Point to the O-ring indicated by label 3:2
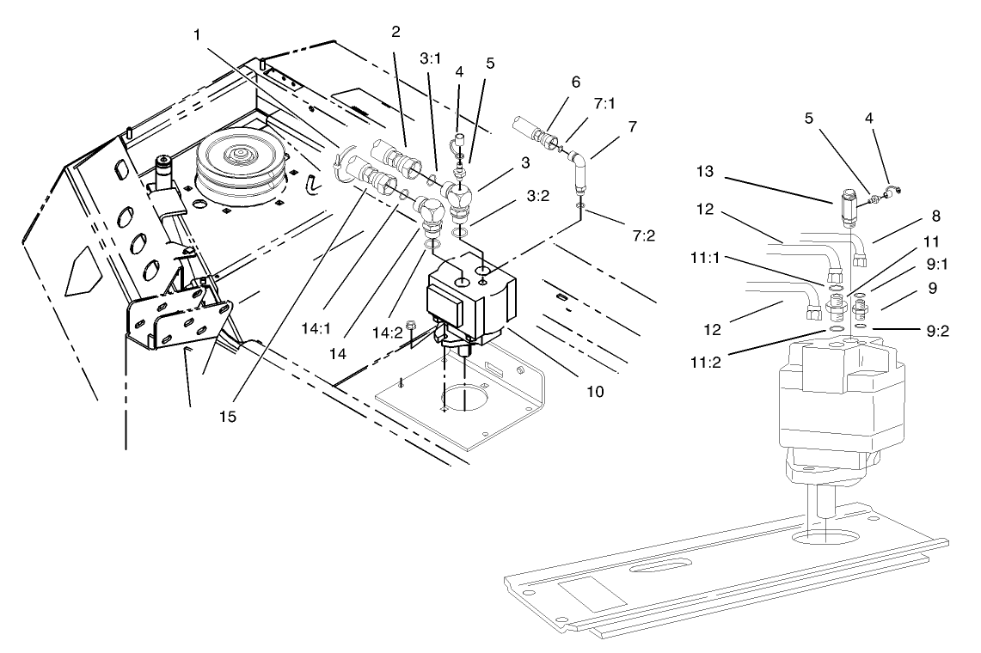[x=459, y=232]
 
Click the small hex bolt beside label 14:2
[x=414, y=327]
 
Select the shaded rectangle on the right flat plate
[x=592, y=592]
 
